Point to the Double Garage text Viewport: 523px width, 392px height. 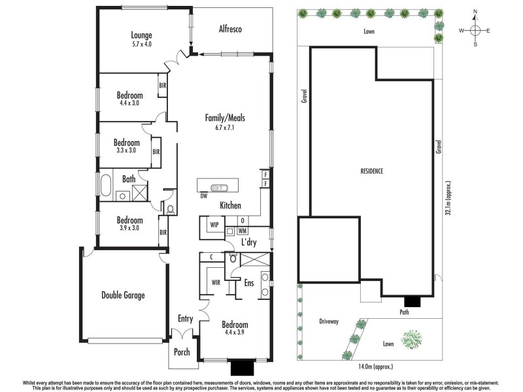[122, 295]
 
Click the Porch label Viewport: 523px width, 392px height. [182, 352]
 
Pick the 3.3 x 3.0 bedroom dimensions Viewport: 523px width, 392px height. [127, 150]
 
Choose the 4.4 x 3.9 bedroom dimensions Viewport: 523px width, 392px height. [235, 333]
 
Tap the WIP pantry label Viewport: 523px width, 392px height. [214, 225]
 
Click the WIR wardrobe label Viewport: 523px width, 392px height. [215, 283]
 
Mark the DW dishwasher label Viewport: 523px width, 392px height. [204, 195]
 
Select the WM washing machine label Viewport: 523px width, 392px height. [242, 231]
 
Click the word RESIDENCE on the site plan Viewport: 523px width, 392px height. [371, 171]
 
